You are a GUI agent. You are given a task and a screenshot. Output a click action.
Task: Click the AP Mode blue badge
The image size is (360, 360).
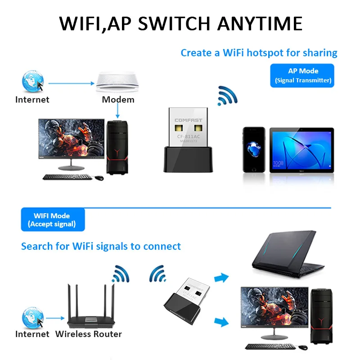[x=302, y=76]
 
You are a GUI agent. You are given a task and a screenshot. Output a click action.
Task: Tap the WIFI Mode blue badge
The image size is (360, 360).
[x=52, y=220]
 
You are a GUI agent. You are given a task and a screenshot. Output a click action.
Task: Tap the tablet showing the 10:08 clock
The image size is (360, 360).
[x=301, y=150]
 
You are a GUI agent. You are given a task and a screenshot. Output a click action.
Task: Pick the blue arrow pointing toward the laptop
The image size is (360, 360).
[x=221, y=278]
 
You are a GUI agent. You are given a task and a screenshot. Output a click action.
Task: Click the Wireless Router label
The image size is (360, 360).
[x=88, y=334]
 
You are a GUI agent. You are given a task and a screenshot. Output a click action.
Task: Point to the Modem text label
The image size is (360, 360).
[x=118, y=99]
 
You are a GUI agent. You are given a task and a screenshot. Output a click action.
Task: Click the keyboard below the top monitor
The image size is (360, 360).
[x=68, y=177]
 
